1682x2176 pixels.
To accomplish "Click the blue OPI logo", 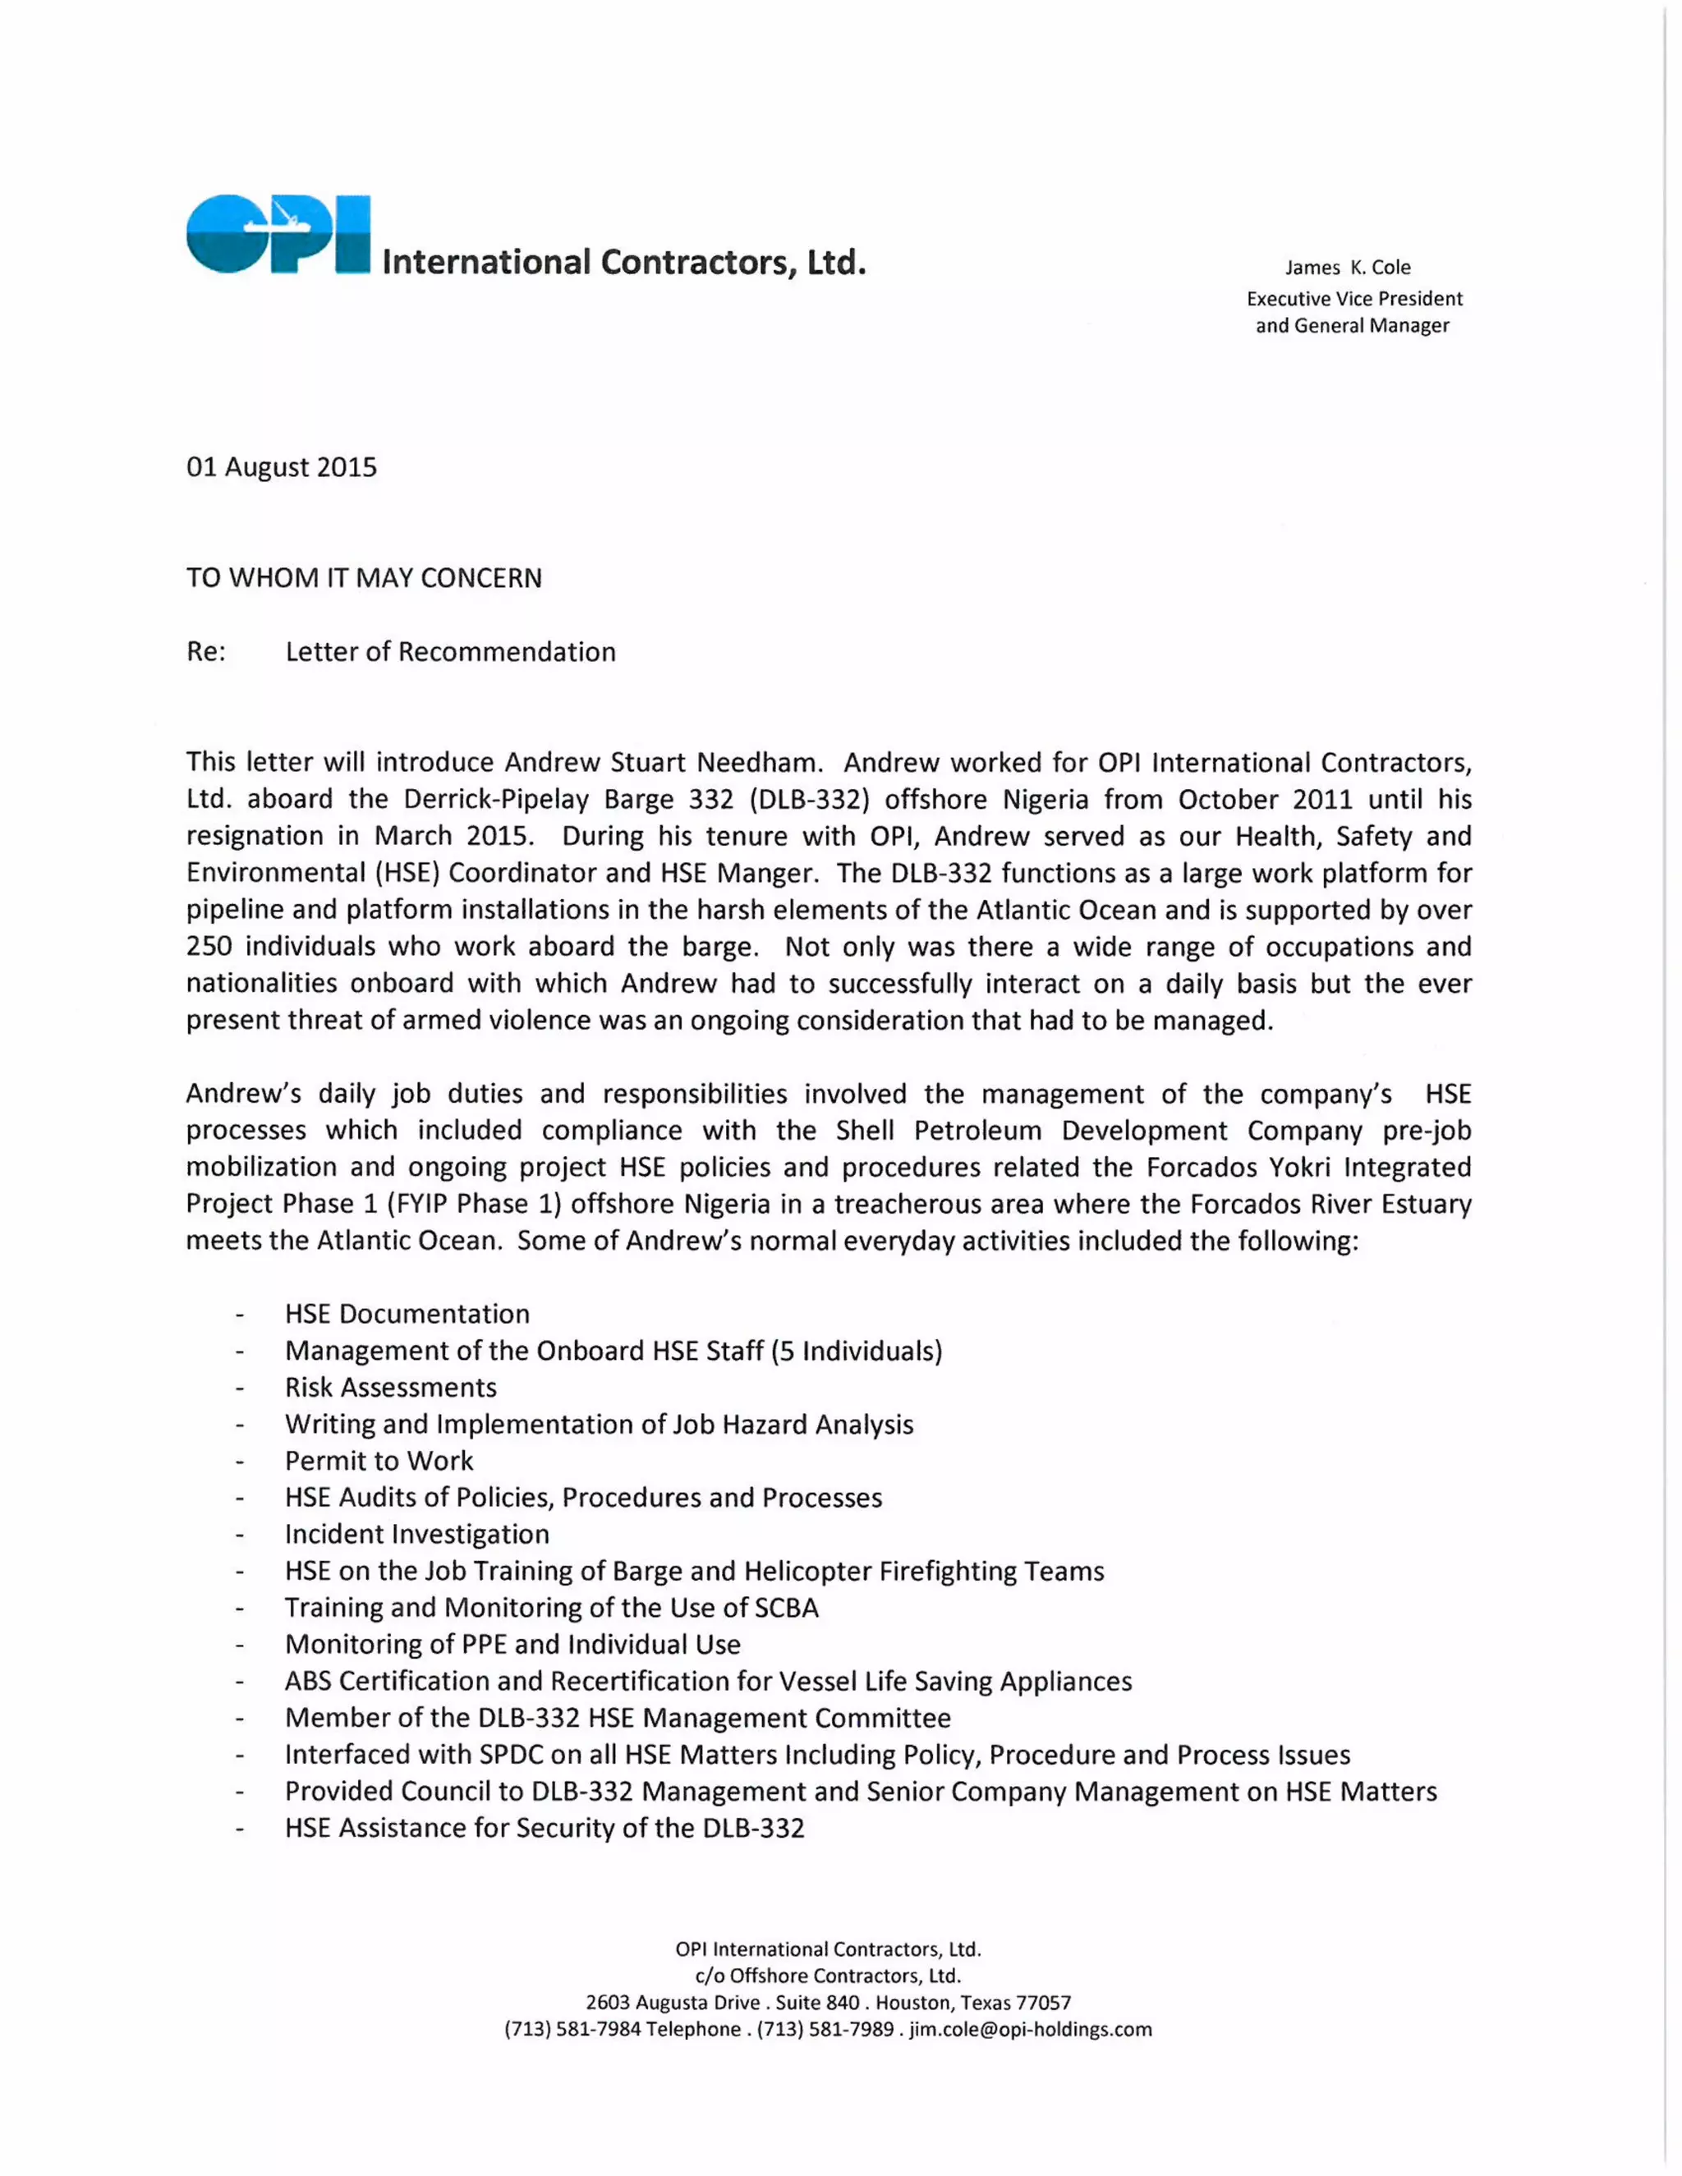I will [278, 234].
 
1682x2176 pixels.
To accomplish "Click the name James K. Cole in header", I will [1347, 267].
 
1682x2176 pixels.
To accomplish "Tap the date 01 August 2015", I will [282, 467].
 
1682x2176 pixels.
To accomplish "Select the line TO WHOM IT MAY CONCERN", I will [364, 578].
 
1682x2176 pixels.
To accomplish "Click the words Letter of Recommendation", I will [450, 652].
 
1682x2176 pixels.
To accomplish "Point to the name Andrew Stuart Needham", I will [663, 762].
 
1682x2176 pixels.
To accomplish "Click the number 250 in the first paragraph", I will [209, 947].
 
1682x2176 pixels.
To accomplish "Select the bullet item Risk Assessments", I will [391, 1387].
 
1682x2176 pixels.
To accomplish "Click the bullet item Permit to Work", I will [379, 1461].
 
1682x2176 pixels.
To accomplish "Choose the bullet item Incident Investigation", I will [416, 1535].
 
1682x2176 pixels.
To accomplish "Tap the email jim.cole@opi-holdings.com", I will [1031, 2030].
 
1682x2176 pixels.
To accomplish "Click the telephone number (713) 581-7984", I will [572, 2030].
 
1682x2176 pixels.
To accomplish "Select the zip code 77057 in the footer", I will [1043, 2003].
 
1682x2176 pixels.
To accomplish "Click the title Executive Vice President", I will [1354, 299].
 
